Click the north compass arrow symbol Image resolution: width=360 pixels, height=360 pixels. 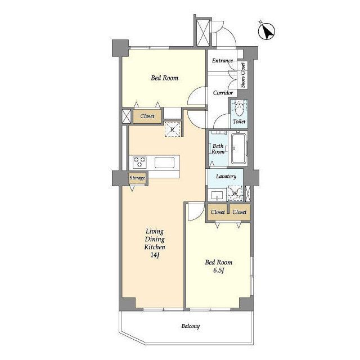[266, 31]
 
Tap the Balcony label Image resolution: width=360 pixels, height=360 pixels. [191, 326]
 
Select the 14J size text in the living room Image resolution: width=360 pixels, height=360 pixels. [155, 255]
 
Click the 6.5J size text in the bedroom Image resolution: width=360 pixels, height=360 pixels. [219, 271]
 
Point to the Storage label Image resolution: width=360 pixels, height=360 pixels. [137, 178]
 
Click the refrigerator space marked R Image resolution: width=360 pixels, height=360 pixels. [173, 130]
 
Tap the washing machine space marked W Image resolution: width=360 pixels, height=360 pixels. [235, 193]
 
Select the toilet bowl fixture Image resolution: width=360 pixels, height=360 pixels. [239, 109]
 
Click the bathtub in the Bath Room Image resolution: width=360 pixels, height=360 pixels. [238, 148]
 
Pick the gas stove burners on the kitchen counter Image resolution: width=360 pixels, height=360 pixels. [140, 162]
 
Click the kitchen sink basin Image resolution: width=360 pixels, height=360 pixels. [164, 163]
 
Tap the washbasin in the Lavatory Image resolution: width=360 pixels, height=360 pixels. [217, 196]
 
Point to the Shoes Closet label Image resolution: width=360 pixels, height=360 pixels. [243, 75]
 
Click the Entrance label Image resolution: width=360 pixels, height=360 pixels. [222, 61]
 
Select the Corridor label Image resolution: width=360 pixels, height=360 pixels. [223, 93]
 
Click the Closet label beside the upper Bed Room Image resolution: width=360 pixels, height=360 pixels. [147, 116]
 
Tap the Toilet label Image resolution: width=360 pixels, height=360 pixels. [239, 121]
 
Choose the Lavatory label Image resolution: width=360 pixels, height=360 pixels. [226, 176]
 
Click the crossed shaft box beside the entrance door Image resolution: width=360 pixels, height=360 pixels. [204, 33]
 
